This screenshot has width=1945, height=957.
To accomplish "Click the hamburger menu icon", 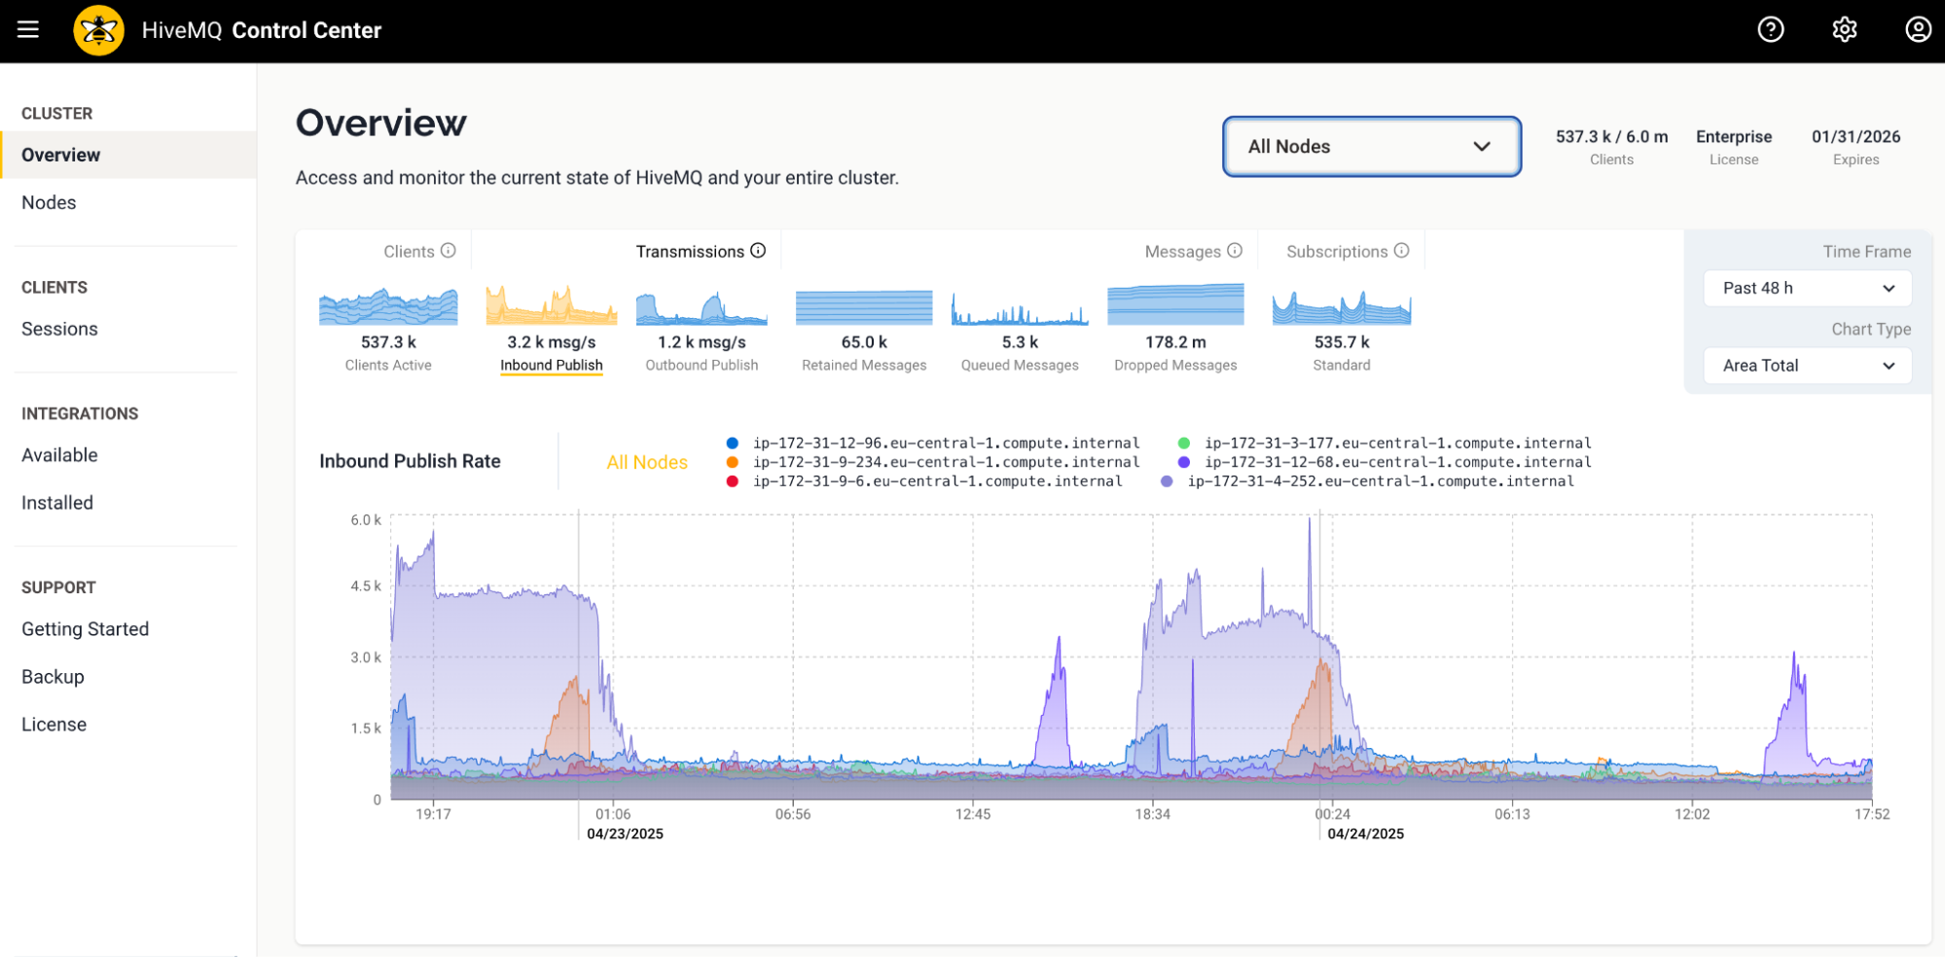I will pos(28,30).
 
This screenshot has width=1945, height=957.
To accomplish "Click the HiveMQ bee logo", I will pos(98,30).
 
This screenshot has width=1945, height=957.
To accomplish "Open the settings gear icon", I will pos(1844,30).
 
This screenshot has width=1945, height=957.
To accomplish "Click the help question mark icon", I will pos(1770,30).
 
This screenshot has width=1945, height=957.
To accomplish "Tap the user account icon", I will pos(1917,30).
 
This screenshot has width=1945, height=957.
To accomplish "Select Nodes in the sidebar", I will pos(49,202).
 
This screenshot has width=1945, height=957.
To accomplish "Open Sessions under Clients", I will pos(59,329).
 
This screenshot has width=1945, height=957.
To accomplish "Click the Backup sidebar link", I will pos(53,677).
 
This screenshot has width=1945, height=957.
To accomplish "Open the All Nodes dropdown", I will pos(1371,147).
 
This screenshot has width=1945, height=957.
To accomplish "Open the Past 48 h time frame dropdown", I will pos(1807,288).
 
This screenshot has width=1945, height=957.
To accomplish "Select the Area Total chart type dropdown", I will pos(1807,366).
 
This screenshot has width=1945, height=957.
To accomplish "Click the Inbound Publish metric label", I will pos(551,365).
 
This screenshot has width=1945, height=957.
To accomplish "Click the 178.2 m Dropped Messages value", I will pos(1174,342).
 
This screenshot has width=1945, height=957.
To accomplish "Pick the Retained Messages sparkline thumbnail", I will pos(863,307).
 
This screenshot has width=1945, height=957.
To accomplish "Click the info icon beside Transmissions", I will pos(758,251).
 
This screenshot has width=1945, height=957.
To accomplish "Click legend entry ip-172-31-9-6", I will pos(936,481).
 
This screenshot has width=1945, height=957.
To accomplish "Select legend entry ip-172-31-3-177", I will pos(1396,443).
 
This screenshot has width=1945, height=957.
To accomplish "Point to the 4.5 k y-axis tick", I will pos(366,586).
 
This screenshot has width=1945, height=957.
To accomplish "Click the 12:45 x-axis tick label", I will pos(972,814).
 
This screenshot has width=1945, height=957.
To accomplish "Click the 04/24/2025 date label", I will pos(1365,833).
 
